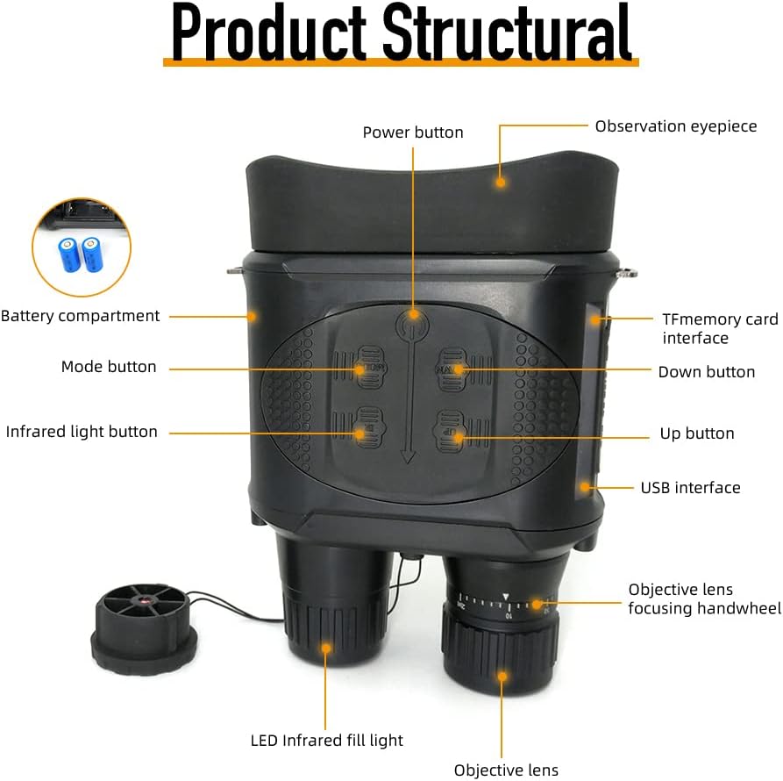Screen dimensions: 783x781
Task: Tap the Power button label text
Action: click(x=413, y=133)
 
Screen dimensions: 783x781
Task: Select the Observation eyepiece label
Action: click(x=676, y=126)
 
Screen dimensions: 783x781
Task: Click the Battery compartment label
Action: click(x=81, y=316)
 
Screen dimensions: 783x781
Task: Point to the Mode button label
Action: click(x=109, y=366)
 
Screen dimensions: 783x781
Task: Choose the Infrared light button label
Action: click(x=82, y=431)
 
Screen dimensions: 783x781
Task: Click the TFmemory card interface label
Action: click(x=720, y=328)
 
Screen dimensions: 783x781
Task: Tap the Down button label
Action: click(x=707, y=372)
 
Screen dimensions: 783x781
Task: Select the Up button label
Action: click(x=697, y=433)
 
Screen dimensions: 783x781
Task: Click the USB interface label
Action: click(x=691, y=487)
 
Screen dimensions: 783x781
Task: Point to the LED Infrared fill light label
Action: click(x=326, y=740)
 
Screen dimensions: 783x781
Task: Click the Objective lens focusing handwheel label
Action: click(x=705, y=598)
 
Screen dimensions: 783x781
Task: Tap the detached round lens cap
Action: click(x=144, y=628)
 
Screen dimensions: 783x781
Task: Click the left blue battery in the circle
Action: click(x=68, y=254)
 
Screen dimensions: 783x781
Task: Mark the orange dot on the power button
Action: click(x=413, y=315)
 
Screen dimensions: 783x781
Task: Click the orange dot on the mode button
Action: click(x=359, y=370)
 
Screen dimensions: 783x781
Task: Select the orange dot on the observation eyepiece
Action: click(x=501, y=182)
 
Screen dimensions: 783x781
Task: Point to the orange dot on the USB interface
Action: click(x=585, y=487)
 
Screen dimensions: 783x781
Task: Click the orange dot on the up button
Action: click(x=459, y=439)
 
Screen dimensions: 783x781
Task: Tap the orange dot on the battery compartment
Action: click(x=253, y=316)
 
